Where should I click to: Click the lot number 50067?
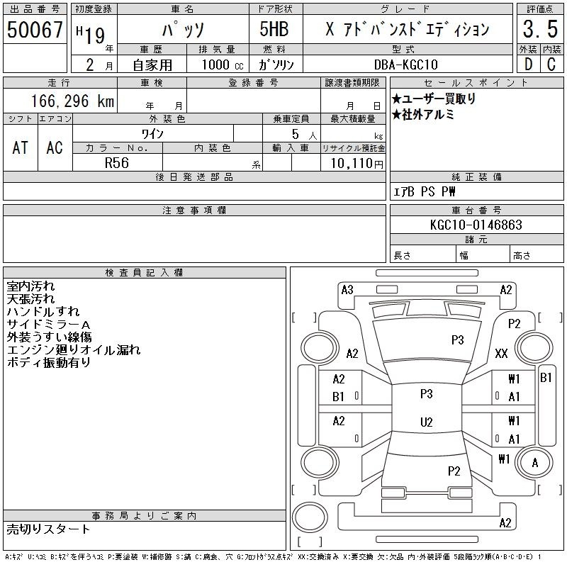pyautogui.click(x=35, y=29)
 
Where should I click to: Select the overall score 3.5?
pyautogui.click(x=540, y=29)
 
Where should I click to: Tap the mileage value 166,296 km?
pyautogui.click(x=72, y=101)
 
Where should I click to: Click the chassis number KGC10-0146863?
pyautogui.click(x=476, y=225)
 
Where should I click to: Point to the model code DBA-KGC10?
pyautogui.click(x=405, y=64)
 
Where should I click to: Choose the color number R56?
pyautogui.click(x=117, y=163)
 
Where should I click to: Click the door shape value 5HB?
pyautogui.click(x=274, y=29)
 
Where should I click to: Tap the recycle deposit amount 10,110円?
pyautogui.click(x=357, y=164)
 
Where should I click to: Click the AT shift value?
pyautogui.click(x=20, y=147)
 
